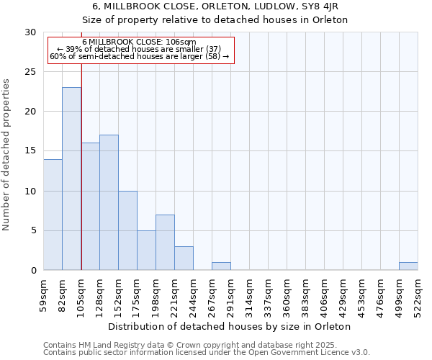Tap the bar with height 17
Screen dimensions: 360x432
coord(109,202)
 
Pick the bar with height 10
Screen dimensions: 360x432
coord(127,230)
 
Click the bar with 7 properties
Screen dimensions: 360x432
coord(165,243)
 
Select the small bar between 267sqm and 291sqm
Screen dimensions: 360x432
coord(221,266)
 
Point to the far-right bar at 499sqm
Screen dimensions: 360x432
coord(408,266)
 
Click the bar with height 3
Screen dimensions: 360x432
coord(184,258)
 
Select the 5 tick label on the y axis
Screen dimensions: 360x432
coord(33,231)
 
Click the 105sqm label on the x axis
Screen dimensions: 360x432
coord(81,296)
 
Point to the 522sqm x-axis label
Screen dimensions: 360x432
coord(418,296)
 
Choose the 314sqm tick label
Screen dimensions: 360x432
coord(250,296)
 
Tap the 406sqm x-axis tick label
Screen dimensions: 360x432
coord(325,296)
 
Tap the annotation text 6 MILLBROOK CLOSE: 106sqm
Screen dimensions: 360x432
coord(139,42)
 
